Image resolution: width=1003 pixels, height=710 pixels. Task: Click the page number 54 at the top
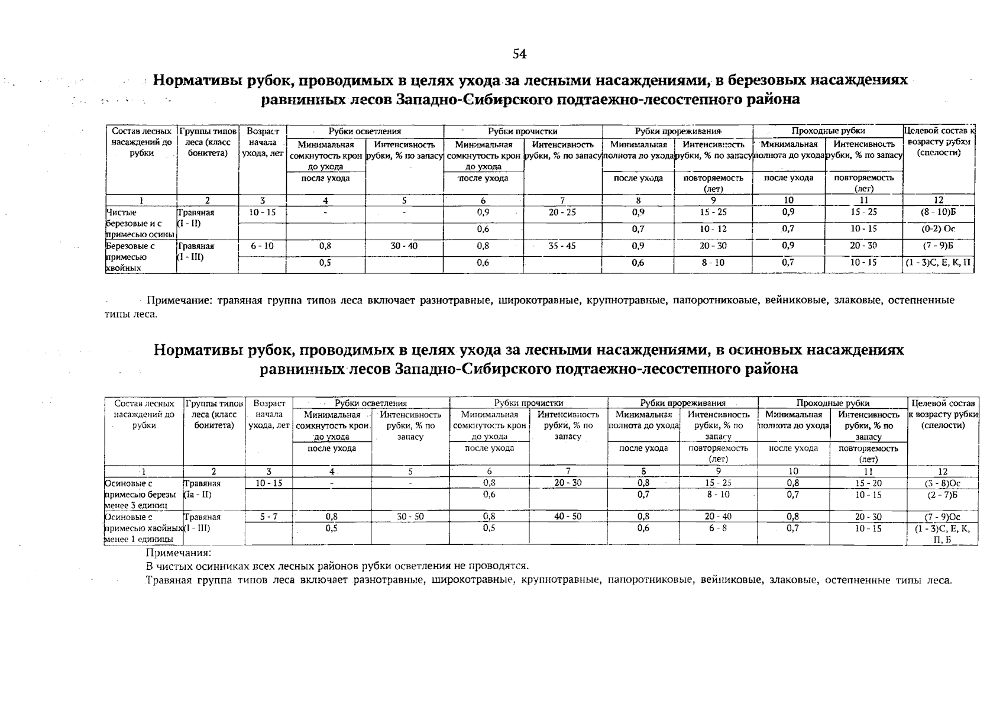point(519,54)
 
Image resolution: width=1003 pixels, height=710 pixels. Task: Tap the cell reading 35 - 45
point(562,246)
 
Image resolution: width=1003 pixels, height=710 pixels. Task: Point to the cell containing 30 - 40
point(404,246)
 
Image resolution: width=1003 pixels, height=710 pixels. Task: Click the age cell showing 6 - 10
point(262,246)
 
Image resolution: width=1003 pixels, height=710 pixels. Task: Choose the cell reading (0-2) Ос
point(938,229)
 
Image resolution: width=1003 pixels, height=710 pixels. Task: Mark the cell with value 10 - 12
point(713,229)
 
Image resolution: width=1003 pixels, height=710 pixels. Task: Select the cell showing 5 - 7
point(268,517)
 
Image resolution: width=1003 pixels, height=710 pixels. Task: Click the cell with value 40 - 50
point(568,517)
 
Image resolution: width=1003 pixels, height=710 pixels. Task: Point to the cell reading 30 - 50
point(410,517)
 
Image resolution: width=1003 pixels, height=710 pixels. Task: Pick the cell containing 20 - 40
point(718,517)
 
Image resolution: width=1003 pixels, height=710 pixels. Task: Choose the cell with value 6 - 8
point(718,528)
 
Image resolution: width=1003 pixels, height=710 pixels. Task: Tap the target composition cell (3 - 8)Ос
point(943,483)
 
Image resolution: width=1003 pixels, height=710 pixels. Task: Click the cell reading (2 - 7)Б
point(943,495)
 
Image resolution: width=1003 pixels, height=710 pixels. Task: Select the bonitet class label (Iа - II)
point(198,495)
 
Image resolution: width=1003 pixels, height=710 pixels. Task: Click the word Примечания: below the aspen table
point(178,553)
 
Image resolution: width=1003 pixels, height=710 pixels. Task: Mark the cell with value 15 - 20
point(868,483)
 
